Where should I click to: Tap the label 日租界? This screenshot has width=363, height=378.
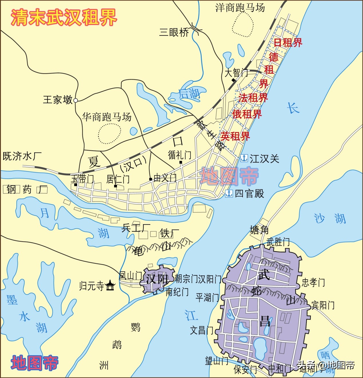pyautogui.click(x=288, y=43)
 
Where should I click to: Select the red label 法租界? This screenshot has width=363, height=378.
pyautogui.click(x=253, y=98)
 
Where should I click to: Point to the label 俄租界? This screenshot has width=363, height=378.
pyautogui.click(x=247, y=114)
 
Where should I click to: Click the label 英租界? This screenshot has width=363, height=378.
pyautogui.click(x=235, y=136)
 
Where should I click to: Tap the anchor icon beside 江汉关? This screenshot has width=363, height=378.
pyautogui.click(x=244, y=158)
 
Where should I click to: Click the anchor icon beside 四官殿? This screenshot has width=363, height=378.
pyautogui.click(x=229, y=193)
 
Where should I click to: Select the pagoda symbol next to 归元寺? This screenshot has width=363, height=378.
pyautogui.click(x=110, y=285)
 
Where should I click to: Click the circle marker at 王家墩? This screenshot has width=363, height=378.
pyautogui.click(x=76, y=100)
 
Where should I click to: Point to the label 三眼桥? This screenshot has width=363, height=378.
pyautogui.click(x=174, y=32)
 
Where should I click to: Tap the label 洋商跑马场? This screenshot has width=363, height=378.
pyautogui.click(x=240, y=8)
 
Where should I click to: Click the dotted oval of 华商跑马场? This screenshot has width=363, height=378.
pyautogui.click(x=109, y=133)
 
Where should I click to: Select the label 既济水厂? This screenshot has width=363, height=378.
pyautogui.click(x=22, y=156)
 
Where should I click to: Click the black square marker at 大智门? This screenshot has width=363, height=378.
pyautogui.click(x=233, y=80)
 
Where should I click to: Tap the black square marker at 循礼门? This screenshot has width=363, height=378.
pyautogui.click(x=181, y=162)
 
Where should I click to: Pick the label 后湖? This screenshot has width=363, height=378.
pyautogui.click(x=189, y=93)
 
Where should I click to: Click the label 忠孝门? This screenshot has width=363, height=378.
pyautogui.click(x=313, y=283)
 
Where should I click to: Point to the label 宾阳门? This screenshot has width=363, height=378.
pyautogui.click(x=323, y=305)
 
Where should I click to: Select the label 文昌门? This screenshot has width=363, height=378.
pyautogui.click(x=202, y=331)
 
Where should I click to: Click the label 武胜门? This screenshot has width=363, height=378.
pyautogui.click(x=278, y=242)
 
